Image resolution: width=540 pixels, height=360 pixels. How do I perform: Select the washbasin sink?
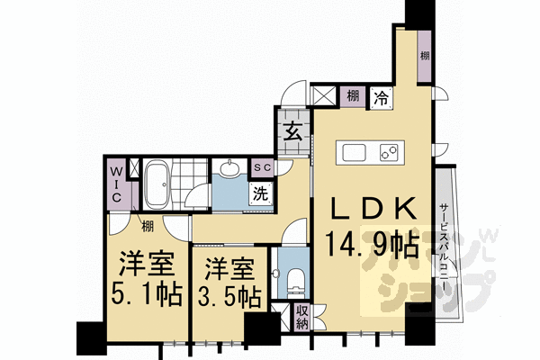pyautogui.click(x=230, y=169)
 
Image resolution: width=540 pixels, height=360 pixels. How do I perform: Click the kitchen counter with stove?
pyautogui.click(x=371, y=152)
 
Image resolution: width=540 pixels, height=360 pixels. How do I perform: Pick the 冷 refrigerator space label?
pyautogui.click(x=382, y=96)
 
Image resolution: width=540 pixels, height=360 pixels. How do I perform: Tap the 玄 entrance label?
pyautogui.click(x=293, y=131)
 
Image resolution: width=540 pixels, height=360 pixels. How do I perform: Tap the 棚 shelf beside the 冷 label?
pyautogui.click(x=355, y=96)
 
